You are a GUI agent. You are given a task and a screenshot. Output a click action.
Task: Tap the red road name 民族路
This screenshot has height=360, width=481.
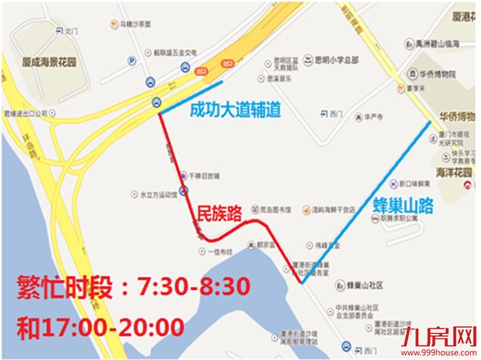tap(218, 212)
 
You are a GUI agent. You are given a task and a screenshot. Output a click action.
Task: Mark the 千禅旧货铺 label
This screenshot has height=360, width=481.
tap(203, 175)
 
